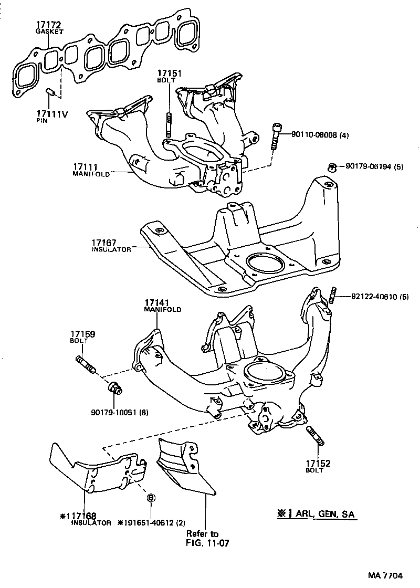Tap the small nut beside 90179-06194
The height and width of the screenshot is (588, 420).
(331, 167)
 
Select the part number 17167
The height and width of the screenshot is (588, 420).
(103, 243)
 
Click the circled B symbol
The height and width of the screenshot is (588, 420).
(151, 498)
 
